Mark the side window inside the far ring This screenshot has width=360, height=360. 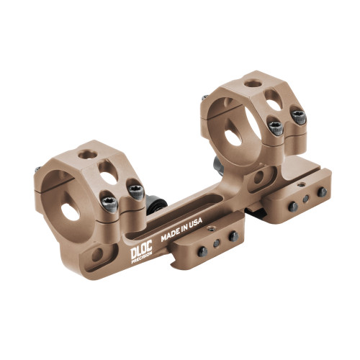coord(233,133)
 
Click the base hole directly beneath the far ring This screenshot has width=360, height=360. coord(256,177)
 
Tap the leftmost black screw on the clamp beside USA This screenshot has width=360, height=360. coord(202,251)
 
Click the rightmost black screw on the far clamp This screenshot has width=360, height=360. coord(322,192)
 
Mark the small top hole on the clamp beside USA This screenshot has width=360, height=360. coord(211,228)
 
